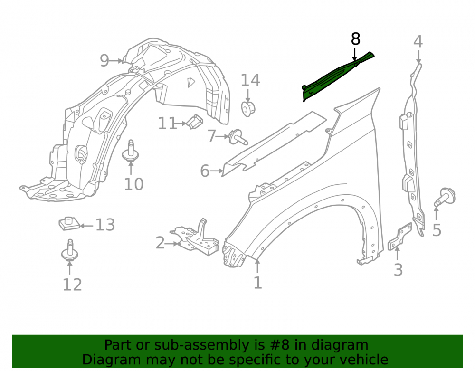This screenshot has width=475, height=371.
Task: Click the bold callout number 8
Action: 356,39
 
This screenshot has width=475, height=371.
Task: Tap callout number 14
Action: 250,80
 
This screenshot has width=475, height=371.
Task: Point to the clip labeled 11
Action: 195,121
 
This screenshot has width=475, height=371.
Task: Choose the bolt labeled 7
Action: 238,137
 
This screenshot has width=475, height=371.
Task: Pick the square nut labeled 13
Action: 69,224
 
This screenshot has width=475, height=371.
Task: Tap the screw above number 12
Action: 70,250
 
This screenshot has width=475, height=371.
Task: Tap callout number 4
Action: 418,41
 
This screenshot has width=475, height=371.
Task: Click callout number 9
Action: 104,61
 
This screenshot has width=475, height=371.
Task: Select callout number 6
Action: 205,171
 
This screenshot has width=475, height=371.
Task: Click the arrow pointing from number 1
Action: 257,266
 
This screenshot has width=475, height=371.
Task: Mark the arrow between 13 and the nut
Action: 86,226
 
